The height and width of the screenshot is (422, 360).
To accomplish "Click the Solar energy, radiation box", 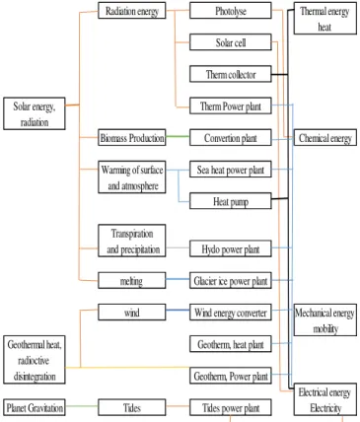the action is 35,113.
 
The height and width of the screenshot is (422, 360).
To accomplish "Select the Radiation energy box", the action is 132,11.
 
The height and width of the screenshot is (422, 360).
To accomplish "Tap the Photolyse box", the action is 231,11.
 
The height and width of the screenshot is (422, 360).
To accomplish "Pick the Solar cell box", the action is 231,42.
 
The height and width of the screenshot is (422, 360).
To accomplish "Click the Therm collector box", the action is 231,74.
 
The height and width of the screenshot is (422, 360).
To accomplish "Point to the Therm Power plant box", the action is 231,105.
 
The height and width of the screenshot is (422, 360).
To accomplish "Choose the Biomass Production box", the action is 132,137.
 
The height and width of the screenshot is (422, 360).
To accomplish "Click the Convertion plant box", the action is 231,137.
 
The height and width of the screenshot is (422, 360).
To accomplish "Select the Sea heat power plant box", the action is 231,170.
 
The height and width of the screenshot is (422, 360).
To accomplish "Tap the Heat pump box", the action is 231,201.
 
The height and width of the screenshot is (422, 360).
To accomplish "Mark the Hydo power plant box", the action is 231,248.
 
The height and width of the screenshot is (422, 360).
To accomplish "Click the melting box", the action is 132,280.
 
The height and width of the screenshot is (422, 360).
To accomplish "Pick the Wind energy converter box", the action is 231,312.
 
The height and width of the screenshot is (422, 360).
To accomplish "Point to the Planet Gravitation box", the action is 35,407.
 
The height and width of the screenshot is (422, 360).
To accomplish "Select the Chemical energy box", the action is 325,137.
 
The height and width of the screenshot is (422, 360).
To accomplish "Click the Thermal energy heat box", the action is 325,18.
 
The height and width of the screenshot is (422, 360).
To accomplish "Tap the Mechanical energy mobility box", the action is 325,319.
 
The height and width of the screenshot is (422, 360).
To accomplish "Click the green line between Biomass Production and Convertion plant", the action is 178,136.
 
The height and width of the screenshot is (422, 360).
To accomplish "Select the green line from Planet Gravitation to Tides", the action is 82,406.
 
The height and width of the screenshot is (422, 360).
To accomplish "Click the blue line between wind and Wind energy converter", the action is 178,311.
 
